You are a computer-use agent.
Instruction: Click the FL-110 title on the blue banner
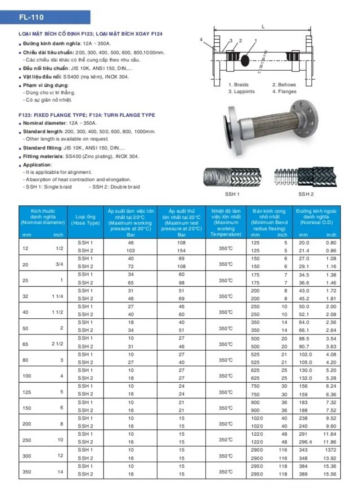(x=31, y=18)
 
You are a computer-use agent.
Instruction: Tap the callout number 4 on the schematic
(x=202, y=40)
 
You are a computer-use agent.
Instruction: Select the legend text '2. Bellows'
(x=284, y=85)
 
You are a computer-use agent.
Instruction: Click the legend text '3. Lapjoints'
(x=241, y=91)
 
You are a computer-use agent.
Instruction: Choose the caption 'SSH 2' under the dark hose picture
(x=306, y=194)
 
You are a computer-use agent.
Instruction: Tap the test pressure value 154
(x=181, y=250)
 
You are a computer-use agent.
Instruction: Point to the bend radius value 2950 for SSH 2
(x=256, y=474)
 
